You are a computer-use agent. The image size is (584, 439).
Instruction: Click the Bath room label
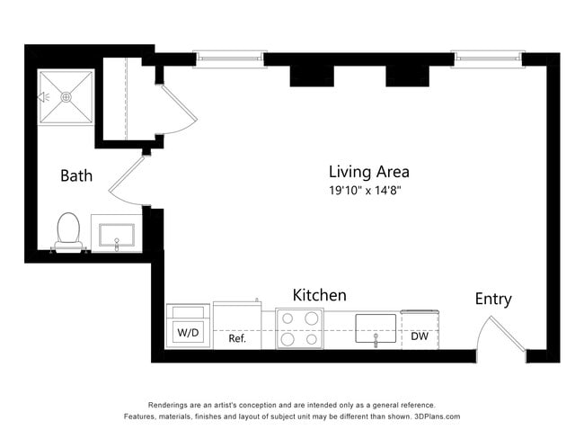point(76,175)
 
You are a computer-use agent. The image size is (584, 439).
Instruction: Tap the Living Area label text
point(368,171)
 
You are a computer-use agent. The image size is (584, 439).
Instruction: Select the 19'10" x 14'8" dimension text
point(368,191)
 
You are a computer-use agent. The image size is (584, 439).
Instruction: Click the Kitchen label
point(319,295)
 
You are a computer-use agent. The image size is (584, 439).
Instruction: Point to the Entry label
point(493,299)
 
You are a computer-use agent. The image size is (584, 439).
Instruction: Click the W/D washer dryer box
point(188,332)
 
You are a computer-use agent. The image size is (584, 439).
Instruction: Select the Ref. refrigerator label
point(237,339)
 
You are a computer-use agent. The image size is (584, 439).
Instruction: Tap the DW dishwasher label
point(420,336)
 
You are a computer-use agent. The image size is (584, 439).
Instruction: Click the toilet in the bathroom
point(68,230)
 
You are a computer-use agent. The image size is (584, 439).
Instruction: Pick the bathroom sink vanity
point(117,237)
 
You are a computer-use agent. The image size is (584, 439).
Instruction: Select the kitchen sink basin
point(376,328)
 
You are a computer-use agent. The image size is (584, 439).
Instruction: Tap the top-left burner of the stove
point(288,318)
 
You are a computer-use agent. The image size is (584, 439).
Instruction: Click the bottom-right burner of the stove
point(312,339)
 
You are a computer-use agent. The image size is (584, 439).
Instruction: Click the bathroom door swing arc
point(124,180)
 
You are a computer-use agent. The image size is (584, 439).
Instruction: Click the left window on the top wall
point(230,58)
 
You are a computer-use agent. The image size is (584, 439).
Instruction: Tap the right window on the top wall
point(488,58)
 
